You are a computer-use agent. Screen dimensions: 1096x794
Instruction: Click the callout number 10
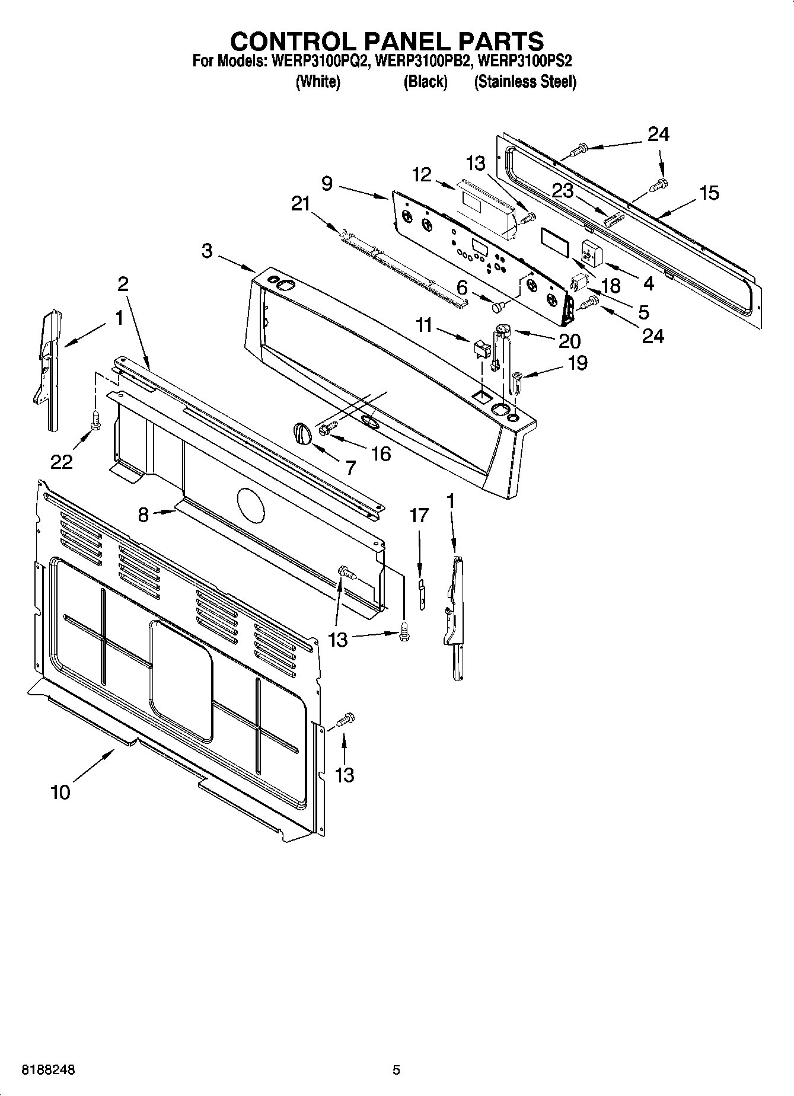(60, 792)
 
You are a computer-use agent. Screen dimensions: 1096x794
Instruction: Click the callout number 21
(301, 204)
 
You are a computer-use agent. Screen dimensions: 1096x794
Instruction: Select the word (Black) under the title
(425, 82)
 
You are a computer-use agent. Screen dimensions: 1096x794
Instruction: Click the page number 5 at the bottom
(396, 1070)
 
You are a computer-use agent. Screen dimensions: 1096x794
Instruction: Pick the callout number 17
(419, 516)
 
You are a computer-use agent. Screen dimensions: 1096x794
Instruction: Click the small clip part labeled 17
(422, 594)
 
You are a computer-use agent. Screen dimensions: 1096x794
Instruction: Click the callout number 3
(206, 251)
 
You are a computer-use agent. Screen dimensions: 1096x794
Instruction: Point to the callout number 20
(569, 341)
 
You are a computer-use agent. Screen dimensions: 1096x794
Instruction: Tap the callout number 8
(144, 515)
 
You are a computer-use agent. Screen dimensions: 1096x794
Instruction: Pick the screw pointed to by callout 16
(327, 427)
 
